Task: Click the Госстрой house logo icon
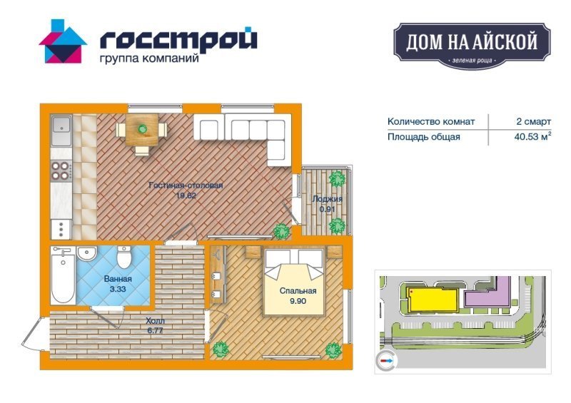tap(63, 41)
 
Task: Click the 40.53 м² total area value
tap(532, 136)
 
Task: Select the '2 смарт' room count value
tap(533, 121)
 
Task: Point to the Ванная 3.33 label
tap(118, 284)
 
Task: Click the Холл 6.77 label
tap(155, 326)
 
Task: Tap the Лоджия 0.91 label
tap(327, 204)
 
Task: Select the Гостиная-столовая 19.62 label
tap(186, 190)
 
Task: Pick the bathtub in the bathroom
tap(63, 275)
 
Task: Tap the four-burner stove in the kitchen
tap(61, 170)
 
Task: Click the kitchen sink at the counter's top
tap(61, 131)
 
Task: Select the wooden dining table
tap(142, 130)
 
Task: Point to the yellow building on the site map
tap(433, 300)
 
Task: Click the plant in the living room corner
tap(281, 230)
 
